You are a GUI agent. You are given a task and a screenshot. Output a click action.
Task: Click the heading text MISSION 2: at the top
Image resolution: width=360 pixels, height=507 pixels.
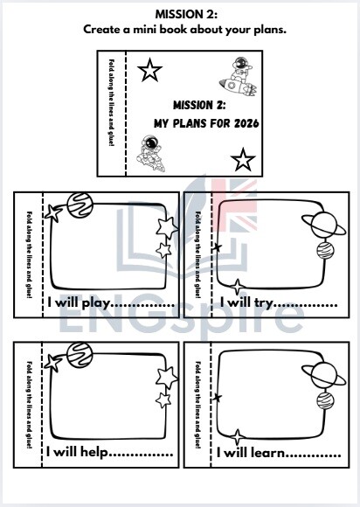(x=180, y=14)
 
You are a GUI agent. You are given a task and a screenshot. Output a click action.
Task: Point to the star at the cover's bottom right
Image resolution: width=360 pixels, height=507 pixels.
(x=244, y=159)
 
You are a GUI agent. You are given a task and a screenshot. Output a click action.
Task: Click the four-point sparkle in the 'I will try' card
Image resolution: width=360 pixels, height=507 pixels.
(x=236, y=287)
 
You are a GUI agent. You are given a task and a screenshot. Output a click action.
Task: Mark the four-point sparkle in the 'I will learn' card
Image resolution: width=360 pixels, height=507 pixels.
(x=236, y=436)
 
